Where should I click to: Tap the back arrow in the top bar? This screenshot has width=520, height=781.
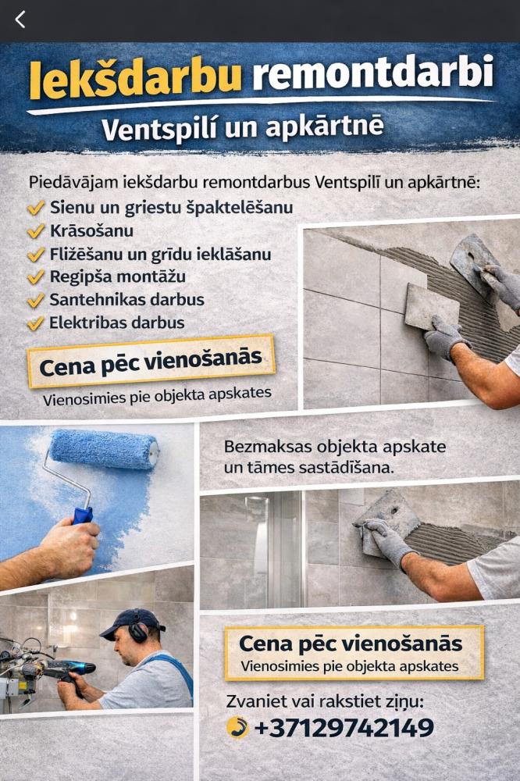(x=20, y=20)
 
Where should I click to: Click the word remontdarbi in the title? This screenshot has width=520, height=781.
(x=372, y=74)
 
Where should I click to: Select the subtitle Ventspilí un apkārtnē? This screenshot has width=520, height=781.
(x=242, y=127)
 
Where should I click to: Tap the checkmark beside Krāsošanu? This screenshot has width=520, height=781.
(x=36, y=232)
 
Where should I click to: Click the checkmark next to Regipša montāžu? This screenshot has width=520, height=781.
(x=36, y=277)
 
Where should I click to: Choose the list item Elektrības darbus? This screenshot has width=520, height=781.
(x=117, y=323)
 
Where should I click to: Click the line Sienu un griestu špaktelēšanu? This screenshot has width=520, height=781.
(x=171, y=208)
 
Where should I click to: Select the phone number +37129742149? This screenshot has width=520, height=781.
(x=344, y=728)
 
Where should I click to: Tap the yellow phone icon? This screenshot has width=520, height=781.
(x=237, y=727)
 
